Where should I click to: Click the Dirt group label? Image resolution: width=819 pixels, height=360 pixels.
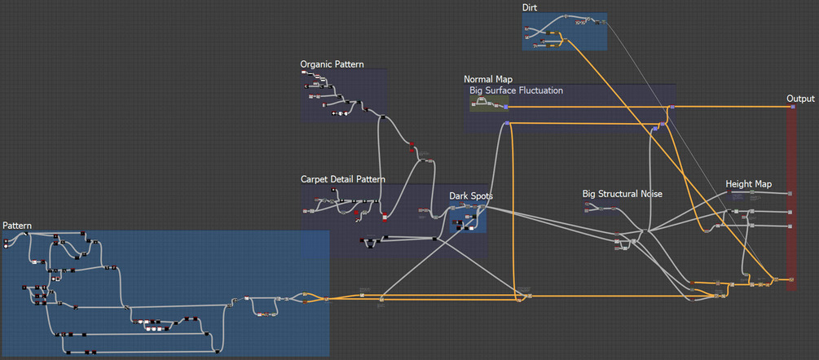pyautogui.click(x=530, y=7)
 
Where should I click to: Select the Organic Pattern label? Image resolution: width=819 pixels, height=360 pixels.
pyautogui.click(x=332, y=64)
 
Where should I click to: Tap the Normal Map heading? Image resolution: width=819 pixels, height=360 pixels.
pyautogui.click(x=488, y=79)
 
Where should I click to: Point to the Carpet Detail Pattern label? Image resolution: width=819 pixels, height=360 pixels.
pyautogui.click(x=343, y=178)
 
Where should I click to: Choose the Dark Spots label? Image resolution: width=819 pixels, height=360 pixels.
pyautogui.click(x=471, y=195)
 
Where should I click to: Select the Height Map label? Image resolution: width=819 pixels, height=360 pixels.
pyautogui.click(x=748, y=184)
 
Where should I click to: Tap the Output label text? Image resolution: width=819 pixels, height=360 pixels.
pyautogui.click(x=800, y=99)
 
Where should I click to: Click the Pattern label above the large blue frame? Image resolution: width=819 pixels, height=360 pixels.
pyautogui.click(x=17, y=225)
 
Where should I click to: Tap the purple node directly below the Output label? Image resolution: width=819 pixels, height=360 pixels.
pyautogui.click(x=790, y=107)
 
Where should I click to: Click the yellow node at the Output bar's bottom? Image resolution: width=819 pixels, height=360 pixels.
pyautogui.click(x=790, y=279)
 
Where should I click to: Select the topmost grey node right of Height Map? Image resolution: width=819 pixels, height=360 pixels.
pyautogui.click(x=789, y=193)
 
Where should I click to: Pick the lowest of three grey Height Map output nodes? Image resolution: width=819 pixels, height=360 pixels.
pyautogui.click(x=789, y=225)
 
